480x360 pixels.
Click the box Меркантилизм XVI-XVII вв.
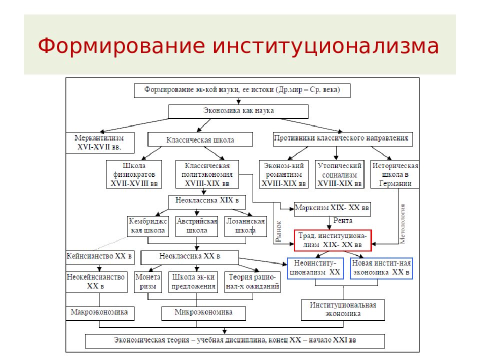coord(100,142)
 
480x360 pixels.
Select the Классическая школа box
coord(200,139)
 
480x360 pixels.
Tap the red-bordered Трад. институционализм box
coord(333,240)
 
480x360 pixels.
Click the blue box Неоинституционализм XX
coord(315,268)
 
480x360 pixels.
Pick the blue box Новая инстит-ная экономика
coord(381,268)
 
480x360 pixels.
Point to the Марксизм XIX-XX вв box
coord(332,209)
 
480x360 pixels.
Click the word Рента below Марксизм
coord(343,220)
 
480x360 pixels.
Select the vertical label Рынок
coord(278,231)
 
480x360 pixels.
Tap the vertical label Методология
coord(402,224)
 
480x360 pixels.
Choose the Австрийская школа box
coord(197,226)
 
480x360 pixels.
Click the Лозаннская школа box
coord(245,226)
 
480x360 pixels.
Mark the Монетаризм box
coord(148,282)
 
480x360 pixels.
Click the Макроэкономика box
coord(100,313)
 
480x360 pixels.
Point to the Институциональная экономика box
coord(343,310)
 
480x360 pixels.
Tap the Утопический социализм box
coord(339,174)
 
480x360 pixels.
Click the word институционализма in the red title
coord(325,46)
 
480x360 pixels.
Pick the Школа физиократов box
coord(134,174)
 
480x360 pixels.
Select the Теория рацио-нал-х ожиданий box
coord(252,282)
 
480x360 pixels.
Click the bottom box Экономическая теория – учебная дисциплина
coord(235,341)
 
